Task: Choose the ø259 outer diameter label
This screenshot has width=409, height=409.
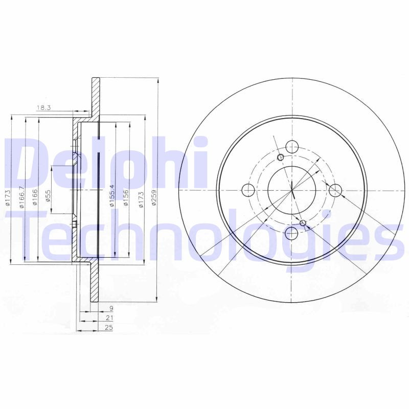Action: pyautogui.click(x=154, y=198)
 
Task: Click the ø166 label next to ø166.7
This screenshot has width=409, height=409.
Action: pyautogui.click(x=35, y=197)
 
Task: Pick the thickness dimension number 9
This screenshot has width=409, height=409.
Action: pyautogui.click(x=111, y=309)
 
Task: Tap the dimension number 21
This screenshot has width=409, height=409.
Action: pyautogui.click(x=109, y=318)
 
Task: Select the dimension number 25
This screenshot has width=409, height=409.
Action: pyautogui.click(x=109, y=328)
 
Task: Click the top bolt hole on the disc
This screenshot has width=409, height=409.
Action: pyautogui.click(x=291, y=147)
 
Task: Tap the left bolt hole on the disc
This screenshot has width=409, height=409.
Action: pyautogui.click(x=247, y=191)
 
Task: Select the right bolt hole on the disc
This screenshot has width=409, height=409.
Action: pyautogui.click(x=335, y=191)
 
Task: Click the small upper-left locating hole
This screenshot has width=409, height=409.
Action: pyautogui.click(x=280, y=157)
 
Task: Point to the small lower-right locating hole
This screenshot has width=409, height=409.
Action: pyautogui.click(x=303, y=223)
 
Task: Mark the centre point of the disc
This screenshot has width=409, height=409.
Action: pyautogui.click(x=291, y=191)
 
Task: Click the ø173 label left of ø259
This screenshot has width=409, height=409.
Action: pyautogui.click(x=140, y=197)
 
